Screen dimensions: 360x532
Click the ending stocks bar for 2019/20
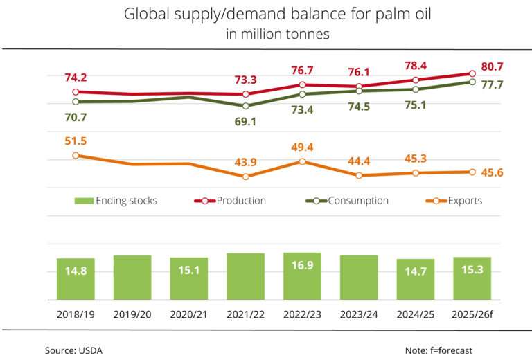point(132,277)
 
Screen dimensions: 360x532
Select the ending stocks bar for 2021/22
point(245,276)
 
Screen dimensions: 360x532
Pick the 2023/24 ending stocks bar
point(359,277)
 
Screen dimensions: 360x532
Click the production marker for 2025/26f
point(472,73)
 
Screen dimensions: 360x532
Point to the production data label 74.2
point(76,78)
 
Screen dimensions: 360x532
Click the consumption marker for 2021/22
point(245,106)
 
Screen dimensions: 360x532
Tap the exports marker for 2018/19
point(76,155)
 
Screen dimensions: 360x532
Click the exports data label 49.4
point(302,147)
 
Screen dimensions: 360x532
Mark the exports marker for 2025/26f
point(472,172)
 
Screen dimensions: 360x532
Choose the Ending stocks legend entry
point(116,201)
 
